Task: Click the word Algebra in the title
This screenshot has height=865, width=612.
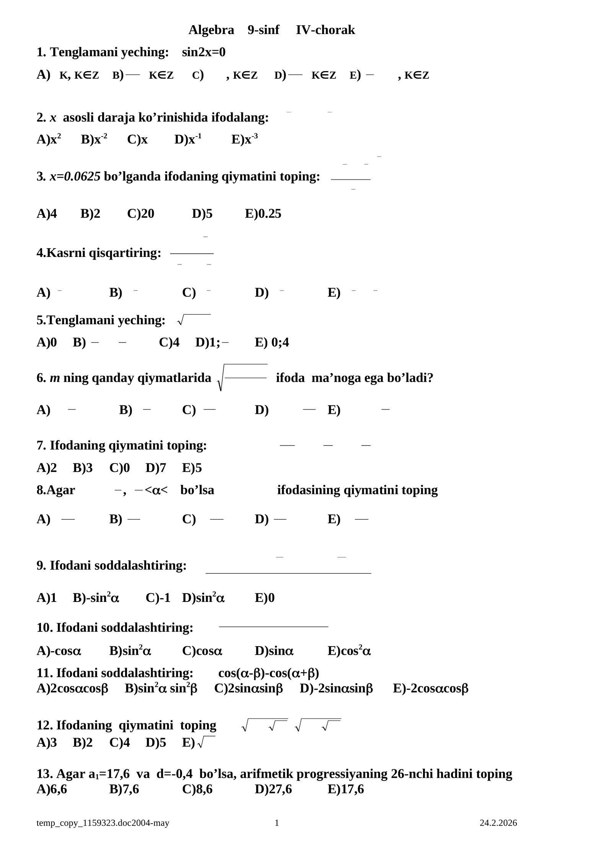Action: tap(211, 30)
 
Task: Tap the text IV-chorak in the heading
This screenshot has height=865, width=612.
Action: tap(325, 30)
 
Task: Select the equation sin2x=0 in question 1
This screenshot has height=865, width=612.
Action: tap(203, 52)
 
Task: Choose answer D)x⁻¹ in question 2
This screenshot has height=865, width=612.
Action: tap(188, 139)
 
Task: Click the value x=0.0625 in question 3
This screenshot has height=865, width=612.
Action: tap(75, 176)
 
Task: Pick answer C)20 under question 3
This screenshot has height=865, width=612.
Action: tap(140, 213)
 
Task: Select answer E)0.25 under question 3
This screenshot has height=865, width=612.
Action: tap(263, 213)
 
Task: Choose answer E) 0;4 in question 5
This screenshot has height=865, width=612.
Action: tap(272, 342)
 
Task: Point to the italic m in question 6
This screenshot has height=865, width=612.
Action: tap(55, 378)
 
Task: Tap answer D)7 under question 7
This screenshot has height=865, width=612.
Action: tap(156, 468)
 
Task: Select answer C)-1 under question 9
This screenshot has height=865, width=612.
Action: tap(158, 598)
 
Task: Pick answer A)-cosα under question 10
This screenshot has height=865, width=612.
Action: tap(59, 650)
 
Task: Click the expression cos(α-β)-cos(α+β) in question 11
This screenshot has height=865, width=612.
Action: tap(269, 673)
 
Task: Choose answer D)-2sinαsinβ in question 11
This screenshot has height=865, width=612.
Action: tap(336, 688)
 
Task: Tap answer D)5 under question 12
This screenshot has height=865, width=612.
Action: tap(156, 742)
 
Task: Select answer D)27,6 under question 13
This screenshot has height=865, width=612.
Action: tap(273, 789)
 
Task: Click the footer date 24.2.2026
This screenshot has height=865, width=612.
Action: tap(498, 823)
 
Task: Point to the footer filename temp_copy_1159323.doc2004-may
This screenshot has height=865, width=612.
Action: tap(103, 823)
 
